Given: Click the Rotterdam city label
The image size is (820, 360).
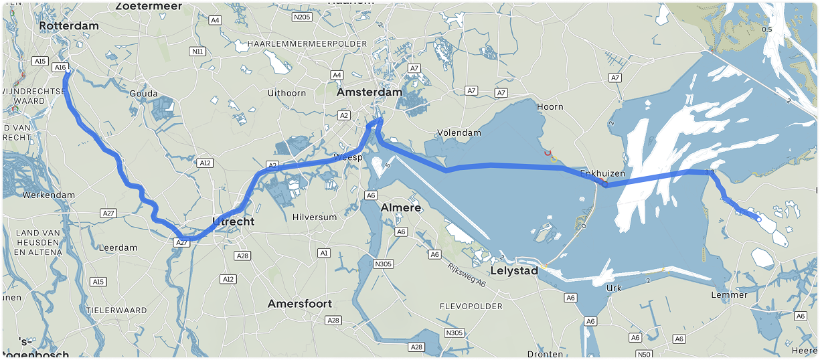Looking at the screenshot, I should [69, 26].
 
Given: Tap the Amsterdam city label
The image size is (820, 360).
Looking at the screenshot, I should [369, 92].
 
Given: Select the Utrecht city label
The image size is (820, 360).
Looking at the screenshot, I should [233, 221].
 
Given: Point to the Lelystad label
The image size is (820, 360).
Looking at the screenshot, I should [514, 272].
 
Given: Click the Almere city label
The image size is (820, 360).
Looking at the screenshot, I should [400, 208].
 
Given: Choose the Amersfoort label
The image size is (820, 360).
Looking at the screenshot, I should [299, 304].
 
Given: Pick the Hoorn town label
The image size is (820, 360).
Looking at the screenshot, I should [550, 106].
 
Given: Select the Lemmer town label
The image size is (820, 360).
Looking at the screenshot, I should [730, 295].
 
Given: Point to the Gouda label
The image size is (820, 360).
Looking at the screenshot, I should [144, 94].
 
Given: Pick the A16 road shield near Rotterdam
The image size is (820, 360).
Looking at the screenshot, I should [60, 68].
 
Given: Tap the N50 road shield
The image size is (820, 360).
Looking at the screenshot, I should [644, 354].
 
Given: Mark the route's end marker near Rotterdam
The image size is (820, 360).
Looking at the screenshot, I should [68, 70].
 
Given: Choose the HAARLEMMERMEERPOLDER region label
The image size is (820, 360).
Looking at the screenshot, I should [307, 43].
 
